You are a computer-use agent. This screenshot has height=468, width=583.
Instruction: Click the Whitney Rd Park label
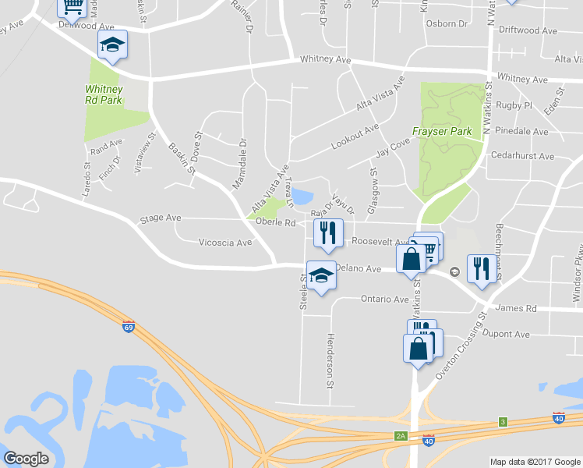pos(103,94)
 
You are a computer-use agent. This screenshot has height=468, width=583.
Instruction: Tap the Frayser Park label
pos(442,132)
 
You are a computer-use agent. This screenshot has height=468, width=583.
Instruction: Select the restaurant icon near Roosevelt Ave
pos(328,232)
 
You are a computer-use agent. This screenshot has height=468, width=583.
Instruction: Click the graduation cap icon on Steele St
pos(320,275)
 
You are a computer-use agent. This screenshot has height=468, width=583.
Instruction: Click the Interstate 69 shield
pos(129,326)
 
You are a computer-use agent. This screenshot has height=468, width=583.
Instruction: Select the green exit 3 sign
pos(503,422)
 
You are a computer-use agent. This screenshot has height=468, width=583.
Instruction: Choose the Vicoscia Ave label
pos(225,243)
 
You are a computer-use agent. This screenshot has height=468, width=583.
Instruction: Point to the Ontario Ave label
pos(384,300)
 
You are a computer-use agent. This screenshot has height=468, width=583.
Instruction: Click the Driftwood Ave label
pos(528,30)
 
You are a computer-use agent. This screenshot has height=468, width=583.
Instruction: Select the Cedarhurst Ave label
pos(522,156)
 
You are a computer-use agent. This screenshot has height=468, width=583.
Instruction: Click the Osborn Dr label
pos(447,23)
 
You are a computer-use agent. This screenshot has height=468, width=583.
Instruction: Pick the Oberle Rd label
pos(276,222)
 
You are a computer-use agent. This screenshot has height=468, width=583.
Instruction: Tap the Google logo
pos(26,459)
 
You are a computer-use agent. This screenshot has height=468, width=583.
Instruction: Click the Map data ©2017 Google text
pos(535,462)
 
